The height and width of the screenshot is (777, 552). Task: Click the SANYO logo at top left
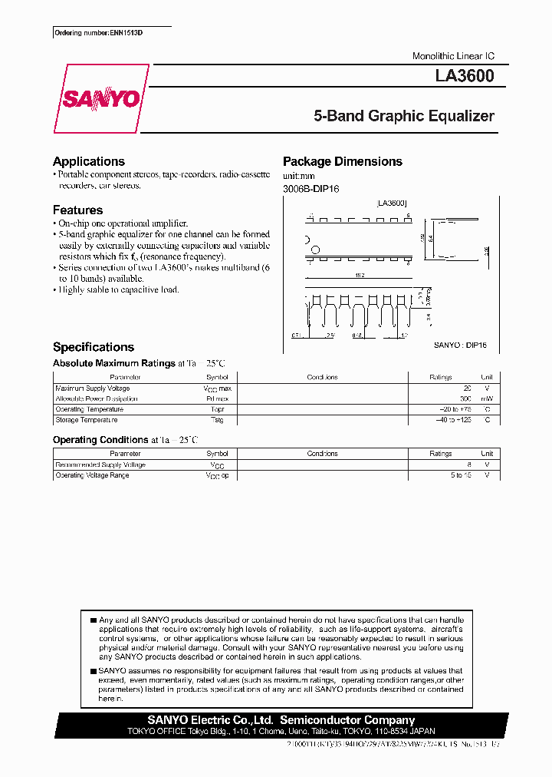click(101, 98)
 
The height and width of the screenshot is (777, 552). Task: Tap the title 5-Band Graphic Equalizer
click(404, 117)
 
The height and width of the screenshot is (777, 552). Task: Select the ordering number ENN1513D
click(87, 32)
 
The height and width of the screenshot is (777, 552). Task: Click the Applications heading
click(89, 161)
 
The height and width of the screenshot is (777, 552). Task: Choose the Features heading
click(77, 210)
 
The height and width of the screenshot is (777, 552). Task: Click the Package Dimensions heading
click(343, 161)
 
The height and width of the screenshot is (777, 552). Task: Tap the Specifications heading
click(94, 347)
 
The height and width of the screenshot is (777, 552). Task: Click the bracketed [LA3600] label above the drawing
click(392, 203)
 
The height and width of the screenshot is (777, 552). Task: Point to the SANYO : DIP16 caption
click(460, 346)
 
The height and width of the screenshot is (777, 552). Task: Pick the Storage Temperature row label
click(87, 420)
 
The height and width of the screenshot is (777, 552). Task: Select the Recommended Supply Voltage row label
click(100, 465)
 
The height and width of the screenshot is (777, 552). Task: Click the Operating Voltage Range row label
click(92, 475)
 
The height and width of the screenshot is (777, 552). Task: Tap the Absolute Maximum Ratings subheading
click(114, 363)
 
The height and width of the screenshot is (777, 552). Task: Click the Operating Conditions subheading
click(100, 440)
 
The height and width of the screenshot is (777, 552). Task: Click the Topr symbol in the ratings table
click(217, 410)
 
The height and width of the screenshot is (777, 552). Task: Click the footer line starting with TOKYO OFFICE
click(281, 731)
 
